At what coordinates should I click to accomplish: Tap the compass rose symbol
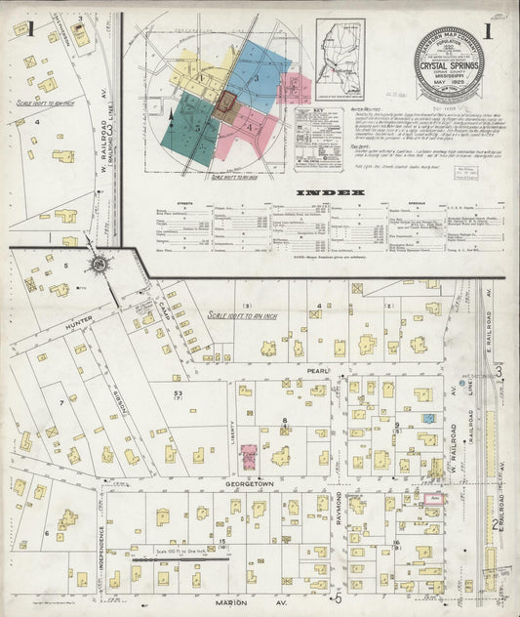tap(100, 265)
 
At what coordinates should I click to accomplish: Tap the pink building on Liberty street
tap(249, 455)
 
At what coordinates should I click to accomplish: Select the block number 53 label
tap(178, 391)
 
